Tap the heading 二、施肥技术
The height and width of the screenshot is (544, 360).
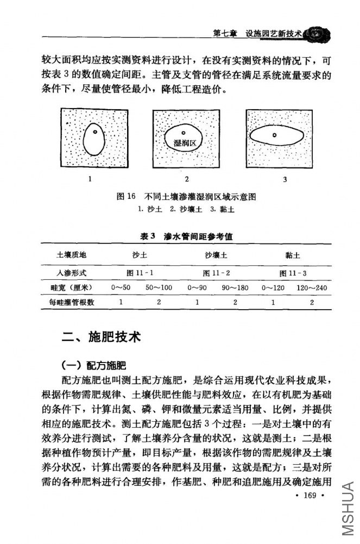coord(102,337)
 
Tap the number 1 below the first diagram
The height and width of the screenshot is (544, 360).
coord(90,178)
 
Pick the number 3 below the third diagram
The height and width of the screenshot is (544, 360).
coord(285,179)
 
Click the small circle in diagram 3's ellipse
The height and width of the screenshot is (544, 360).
coord(275,135)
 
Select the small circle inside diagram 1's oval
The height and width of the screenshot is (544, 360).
coord(94,132)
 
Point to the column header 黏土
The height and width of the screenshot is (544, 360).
coord(293,255)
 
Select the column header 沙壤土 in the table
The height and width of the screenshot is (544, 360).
coord(216,255)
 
